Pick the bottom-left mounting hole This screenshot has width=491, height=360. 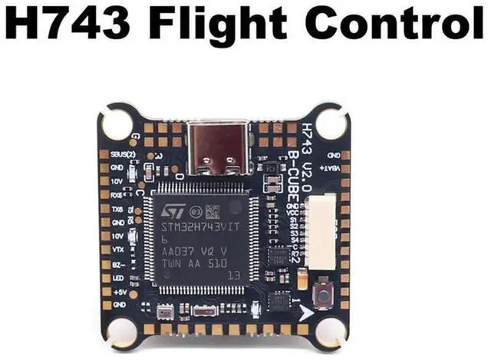(x=122, y=332)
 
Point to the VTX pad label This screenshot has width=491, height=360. (x=118, y=249)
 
